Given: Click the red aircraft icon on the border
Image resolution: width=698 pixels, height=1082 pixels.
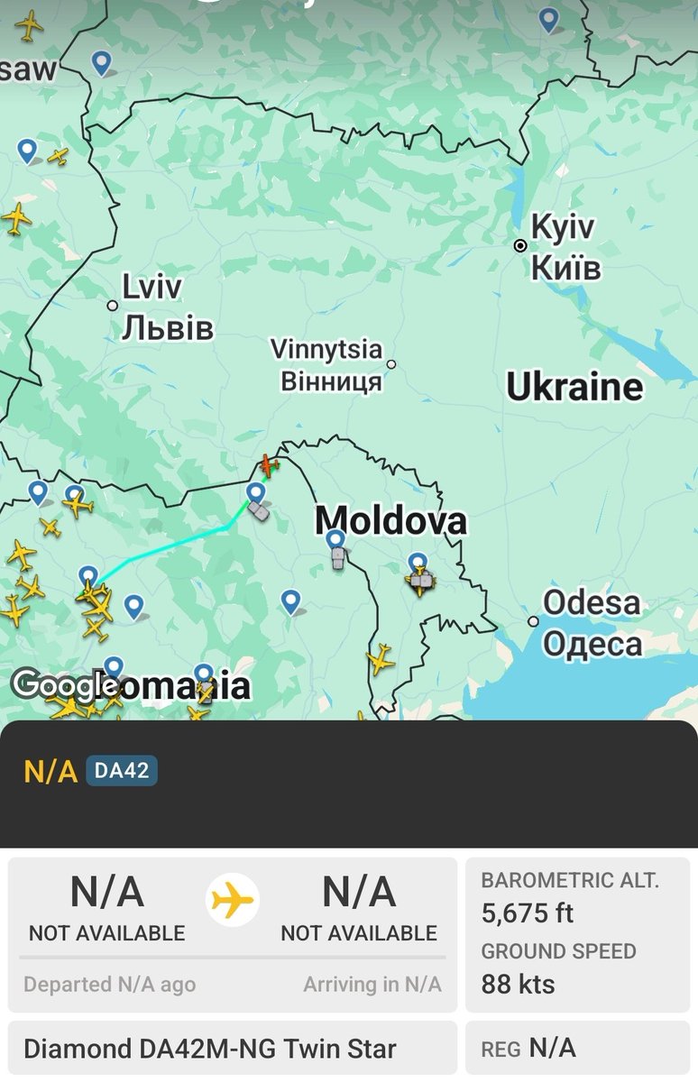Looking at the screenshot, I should [268, 465].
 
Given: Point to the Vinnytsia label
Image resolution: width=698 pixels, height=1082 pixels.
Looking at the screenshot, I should [326, 364].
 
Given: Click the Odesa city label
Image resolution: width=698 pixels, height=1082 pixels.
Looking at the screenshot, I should [592, 623].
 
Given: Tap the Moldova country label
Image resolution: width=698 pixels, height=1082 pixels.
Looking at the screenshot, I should [391, 520].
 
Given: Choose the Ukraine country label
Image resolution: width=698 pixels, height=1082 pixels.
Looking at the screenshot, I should [575, 387].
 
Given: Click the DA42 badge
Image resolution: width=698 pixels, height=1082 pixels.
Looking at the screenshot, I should [122, 771].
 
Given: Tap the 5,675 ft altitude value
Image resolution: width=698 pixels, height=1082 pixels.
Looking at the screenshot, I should [528, 913].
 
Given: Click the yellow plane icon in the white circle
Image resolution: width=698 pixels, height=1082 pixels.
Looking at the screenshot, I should [233, 900].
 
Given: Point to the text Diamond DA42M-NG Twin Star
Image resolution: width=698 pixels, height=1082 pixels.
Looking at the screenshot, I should [209, 1050].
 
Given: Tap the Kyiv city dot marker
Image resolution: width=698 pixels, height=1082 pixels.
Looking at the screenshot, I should [520, 245].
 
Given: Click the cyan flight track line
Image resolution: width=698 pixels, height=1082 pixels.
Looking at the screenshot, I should [171, 546].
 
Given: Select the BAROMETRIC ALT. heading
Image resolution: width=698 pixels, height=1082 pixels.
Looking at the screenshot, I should [570, 880].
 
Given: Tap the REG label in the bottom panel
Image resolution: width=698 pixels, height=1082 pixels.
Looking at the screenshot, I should [501, 1050].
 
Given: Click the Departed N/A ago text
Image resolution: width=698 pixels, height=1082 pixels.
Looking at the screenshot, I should [109, 985].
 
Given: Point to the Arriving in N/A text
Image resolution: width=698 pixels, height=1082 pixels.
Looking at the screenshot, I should [372, 985].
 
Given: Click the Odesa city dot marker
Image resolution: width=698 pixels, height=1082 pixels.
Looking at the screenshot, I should [533, 621].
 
